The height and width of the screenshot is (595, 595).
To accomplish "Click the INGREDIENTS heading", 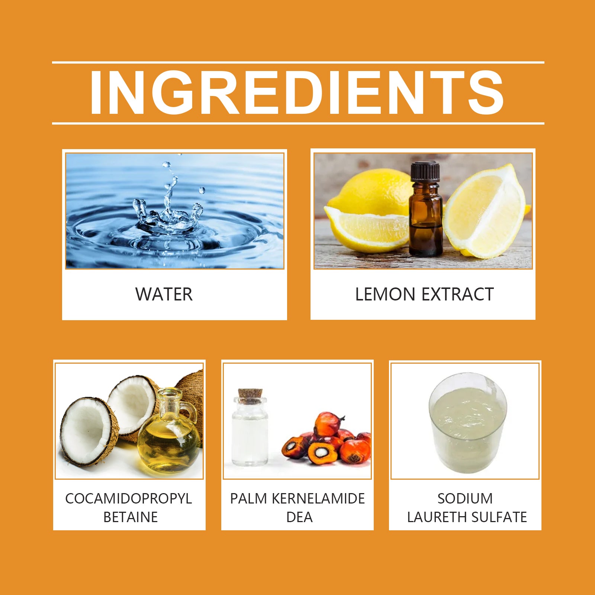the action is [297, 93].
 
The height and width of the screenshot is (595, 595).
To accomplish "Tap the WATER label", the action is [164, 294].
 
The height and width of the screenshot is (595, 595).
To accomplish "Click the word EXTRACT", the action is [458, 294].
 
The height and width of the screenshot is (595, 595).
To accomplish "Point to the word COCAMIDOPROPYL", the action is [129, 499].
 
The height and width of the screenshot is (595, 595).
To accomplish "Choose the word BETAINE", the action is [131, 517].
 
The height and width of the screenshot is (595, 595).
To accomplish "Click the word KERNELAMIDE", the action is [318, 499].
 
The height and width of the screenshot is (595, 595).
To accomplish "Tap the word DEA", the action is [299, 517].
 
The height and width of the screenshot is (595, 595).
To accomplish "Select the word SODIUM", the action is [465, 499].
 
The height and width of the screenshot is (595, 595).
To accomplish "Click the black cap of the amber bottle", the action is [425, 172].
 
